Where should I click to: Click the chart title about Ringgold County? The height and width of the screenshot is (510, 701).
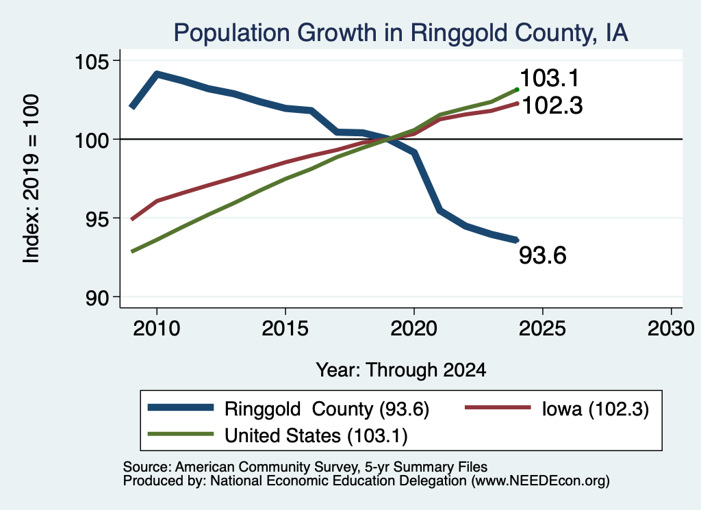click(400, 33)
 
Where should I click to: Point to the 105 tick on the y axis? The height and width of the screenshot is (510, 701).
click(92, 61)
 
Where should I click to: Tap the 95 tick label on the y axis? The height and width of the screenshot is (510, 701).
click(97, 218)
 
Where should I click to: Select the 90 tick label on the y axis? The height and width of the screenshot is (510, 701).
click(97, 298)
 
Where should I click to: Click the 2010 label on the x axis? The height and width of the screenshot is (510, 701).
click(157, 329)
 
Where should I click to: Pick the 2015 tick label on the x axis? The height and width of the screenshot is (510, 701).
click(285, 329)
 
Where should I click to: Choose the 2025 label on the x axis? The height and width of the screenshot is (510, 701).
click(542, 329)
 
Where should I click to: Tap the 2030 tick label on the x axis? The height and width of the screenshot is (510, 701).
click(671, 329)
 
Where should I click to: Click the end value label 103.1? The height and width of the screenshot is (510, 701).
click(550, 78)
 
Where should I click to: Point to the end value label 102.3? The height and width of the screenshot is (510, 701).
click(552, 106)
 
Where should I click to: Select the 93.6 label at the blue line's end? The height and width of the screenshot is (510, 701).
click(543, 255)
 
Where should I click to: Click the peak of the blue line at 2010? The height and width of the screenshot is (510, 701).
click(157, 73)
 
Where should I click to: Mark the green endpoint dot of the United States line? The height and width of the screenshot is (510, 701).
click(518, 90)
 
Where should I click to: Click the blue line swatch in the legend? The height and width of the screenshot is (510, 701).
click(181, 407)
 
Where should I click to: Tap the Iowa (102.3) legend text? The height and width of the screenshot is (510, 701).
click(595, 409)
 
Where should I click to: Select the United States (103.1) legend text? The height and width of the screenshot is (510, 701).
click(316, 436)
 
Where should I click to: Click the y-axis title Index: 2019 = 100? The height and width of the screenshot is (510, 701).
click(31, 179)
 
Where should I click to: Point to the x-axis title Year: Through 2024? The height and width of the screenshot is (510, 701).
click(401, 370)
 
